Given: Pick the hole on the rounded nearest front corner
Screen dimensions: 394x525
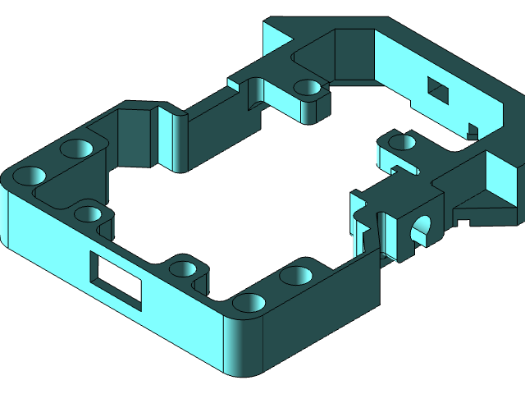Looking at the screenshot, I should coord(249,303).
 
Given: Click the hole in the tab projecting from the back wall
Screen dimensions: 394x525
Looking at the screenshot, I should coord(308,86).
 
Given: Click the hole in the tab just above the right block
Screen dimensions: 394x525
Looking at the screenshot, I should coord(402,143).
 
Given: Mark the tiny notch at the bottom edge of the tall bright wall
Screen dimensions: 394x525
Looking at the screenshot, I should coord(472,130).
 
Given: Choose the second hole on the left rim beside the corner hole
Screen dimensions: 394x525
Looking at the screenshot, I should coord(76,149).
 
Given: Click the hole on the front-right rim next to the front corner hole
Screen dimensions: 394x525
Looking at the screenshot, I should coord(296,274).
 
